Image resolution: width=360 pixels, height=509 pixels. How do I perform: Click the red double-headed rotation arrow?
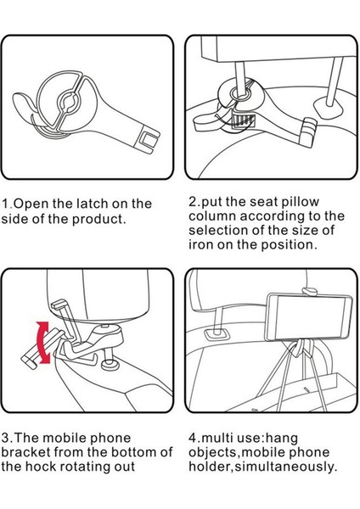point(43,343)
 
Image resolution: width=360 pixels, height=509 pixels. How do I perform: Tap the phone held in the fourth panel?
point(309,316)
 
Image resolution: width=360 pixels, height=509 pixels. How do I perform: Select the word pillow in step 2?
point(301,202)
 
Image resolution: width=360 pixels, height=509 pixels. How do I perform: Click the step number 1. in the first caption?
point(6,204)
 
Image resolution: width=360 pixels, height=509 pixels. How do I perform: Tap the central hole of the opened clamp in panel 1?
point(68,103)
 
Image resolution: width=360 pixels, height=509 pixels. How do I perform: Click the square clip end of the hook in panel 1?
point(148,140)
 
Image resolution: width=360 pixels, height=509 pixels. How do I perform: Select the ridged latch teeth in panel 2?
point(243,121)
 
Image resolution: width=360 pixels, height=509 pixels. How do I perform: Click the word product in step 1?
point(98,219)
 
